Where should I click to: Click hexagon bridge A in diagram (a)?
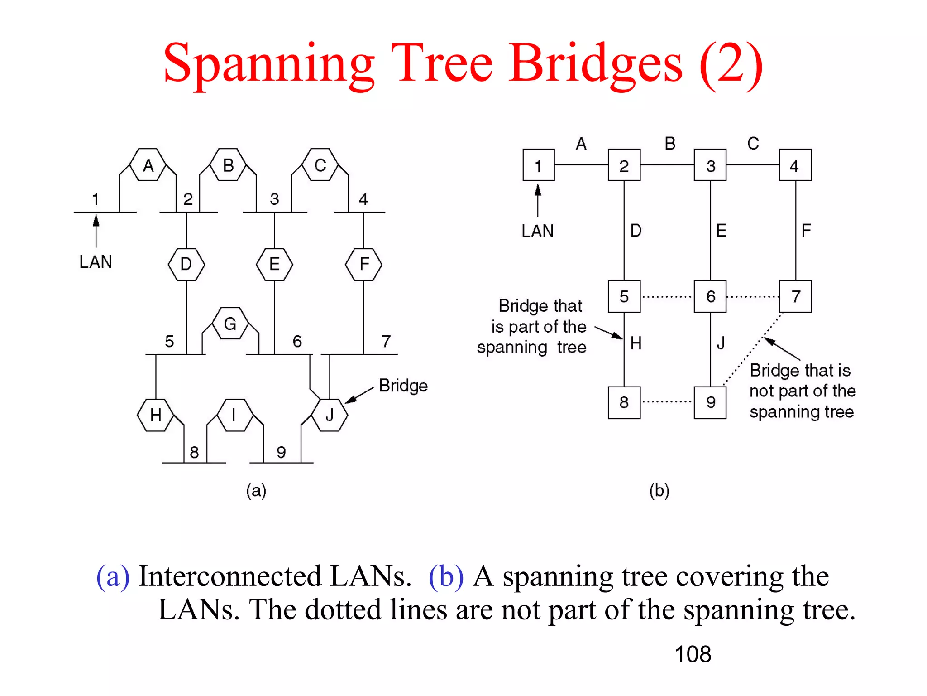point(148,165)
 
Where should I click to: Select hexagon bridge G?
point(230,324)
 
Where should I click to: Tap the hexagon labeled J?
point(330,415)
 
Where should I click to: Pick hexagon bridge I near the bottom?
point(234,415)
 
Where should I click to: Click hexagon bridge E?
point(274,264)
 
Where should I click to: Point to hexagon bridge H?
point(155,415)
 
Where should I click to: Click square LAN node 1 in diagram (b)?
point(538,165)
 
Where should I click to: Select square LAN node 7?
point(795,296)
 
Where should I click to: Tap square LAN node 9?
point(710,402)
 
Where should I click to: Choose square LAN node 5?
point(624,296)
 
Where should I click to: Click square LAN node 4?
point(795,165)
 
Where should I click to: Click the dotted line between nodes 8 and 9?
point(667,401)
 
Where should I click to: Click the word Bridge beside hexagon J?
point(403,386)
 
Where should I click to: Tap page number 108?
point(693,654)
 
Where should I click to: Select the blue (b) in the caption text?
point(446,576)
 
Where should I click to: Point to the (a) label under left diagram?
point(256,491)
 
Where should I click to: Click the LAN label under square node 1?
point(537,231)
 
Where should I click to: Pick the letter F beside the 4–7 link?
point(806,231)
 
